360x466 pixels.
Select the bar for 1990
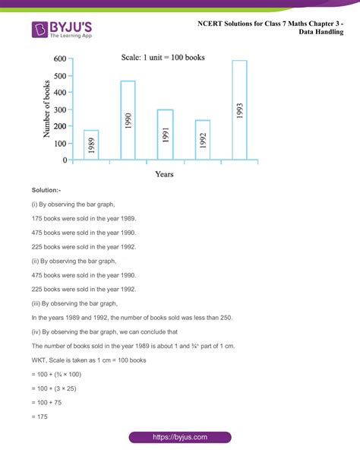point(128,121)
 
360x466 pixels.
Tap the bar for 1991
point(166,135)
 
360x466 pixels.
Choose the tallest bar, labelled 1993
point(239,110)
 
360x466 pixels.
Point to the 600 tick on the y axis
point(60,59)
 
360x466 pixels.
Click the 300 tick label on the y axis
point(60,109)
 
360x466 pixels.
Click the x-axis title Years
point(166,174)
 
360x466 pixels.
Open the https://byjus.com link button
point(180,438)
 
